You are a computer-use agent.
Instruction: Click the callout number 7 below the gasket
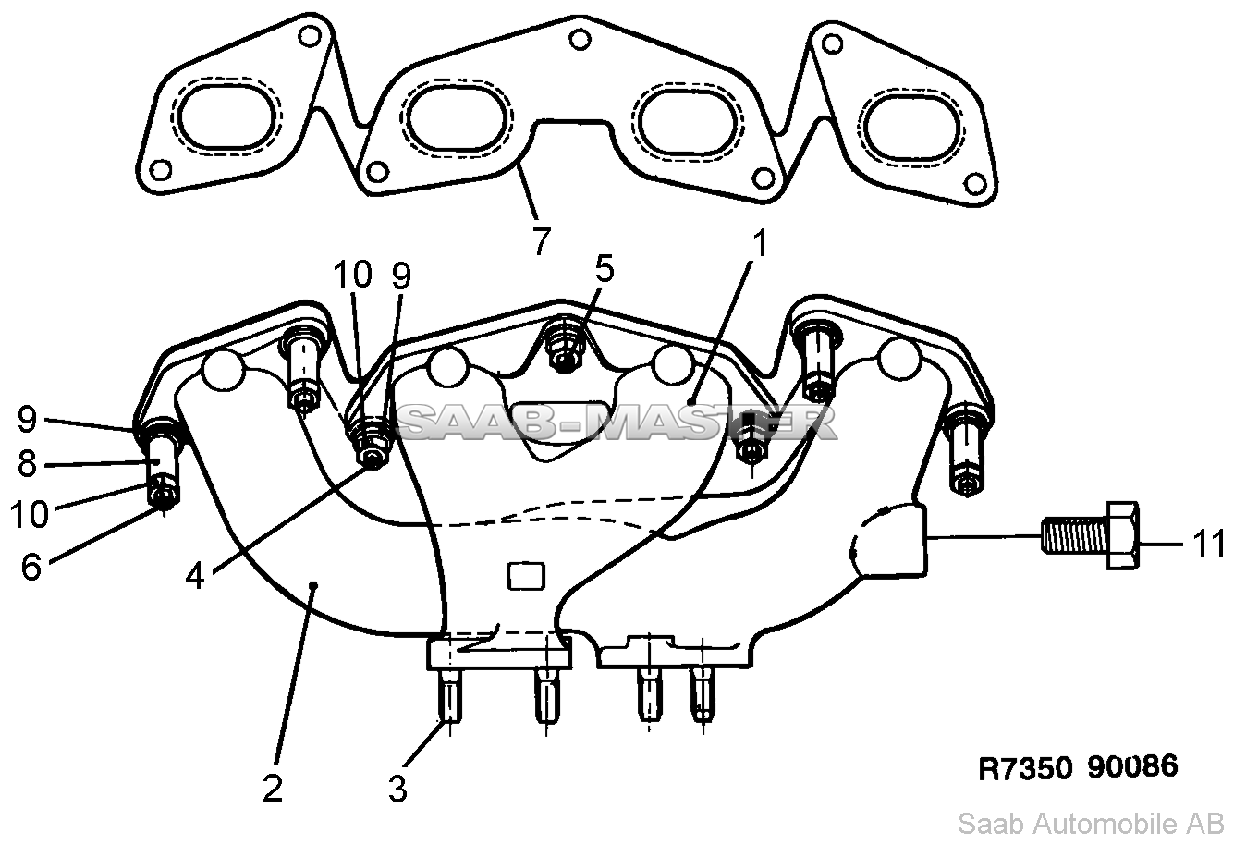(542, 240)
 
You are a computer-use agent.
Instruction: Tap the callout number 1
(760, 243)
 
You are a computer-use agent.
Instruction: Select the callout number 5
(605, 269)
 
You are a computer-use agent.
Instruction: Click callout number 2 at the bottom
(273, 789)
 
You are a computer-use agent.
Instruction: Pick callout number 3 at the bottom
(397, 789)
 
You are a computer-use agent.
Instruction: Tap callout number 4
(195, 577)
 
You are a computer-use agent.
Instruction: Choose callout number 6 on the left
(31, 567)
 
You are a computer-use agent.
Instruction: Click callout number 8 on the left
(27, 464)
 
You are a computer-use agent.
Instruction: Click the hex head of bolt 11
(1122, 535)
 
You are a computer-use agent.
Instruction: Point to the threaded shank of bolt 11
(1074, 535)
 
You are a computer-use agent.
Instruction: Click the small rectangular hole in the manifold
(526, 576)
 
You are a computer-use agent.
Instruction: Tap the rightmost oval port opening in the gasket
(911, 128)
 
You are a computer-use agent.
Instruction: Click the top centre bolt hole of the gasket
(580, 40)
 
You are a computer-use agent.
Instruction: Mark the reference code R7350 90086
(1078, 766)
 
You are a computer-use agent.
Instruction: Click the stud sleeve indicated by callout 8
(162, 458)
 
